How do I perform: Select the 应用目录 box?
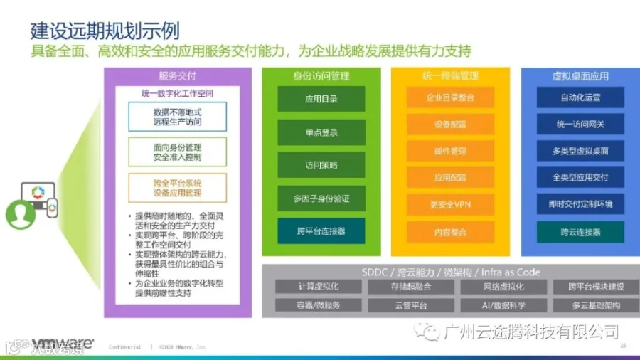pos(321,99)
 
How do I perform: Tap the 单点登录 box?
pos(321,132)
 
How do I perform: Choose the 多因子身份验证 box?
pos(321,198)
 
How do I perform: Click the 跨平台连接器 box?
pos(321,231)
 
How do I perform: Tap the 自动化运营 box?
pos(580,97)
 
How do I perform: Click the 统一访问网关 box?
pos(580,125)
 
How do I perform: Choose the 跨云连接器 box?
pos(580,232)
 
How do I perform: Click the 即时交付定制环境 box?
pos(580,204)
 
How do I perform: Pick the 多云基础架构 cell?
pos(596,305)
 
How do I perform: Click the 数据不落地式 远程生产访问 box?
pos(177,117)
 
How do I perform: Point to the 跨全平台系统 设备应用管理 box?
pos(177,188)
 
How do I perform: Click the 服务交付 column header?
pos(177,76)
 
